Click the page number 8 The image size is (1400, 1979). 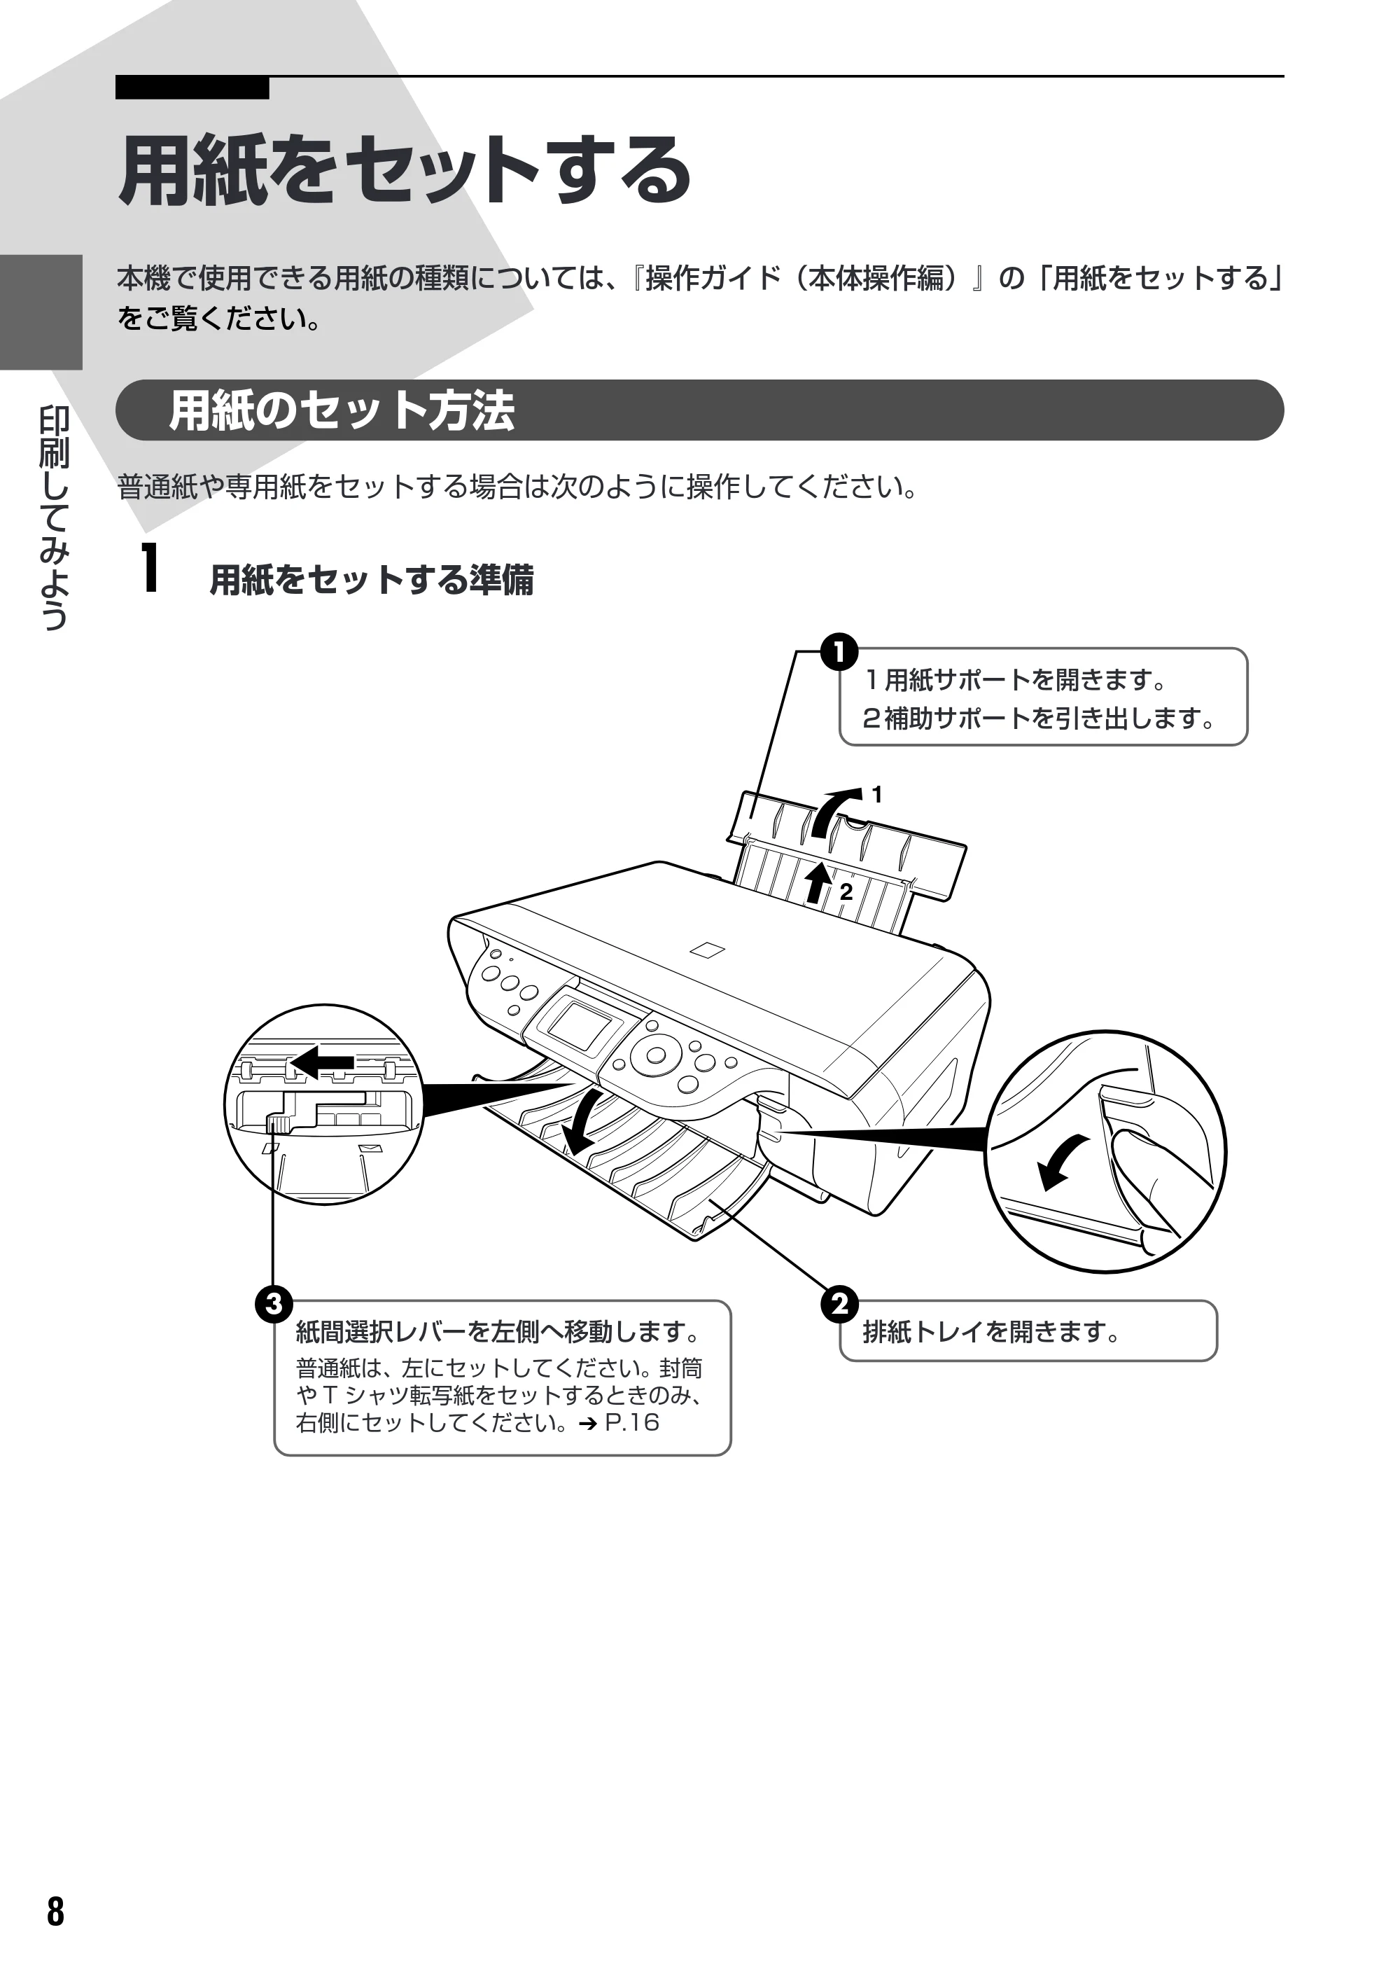[x=55, y=1912]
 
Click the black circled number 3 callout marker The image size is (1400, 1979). [x=273, y=1303]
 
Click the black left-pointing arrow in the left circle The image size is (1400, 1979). [x=323, y=1062]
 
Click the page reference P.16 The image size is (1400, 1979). [x=632, y=1422]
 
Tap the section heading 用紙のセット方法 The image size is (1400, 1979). [x=342, y=410]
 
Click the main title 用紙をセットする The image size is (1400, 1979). [x=405, y=170]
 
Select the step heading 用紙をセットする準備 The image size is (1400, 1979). [x=372, y=579]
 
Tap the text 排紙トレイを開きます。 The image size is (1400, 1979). [x=991, y=1332]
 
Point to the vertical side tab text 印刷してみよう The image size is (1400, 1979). [x=53, y=518]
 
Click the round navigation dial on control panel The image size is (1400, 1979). [x=655, y=1055]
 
